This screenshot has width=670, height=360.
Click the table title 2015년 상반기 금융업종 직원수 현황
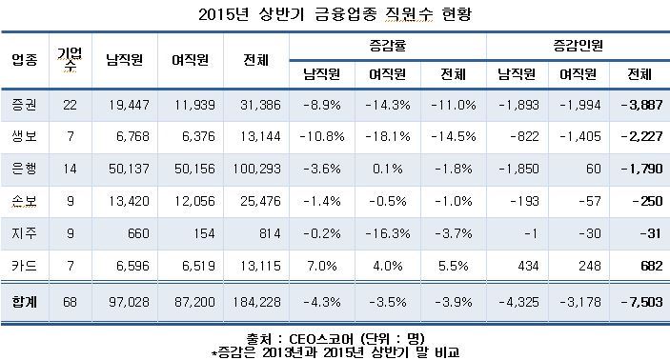tap(335, 15)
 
